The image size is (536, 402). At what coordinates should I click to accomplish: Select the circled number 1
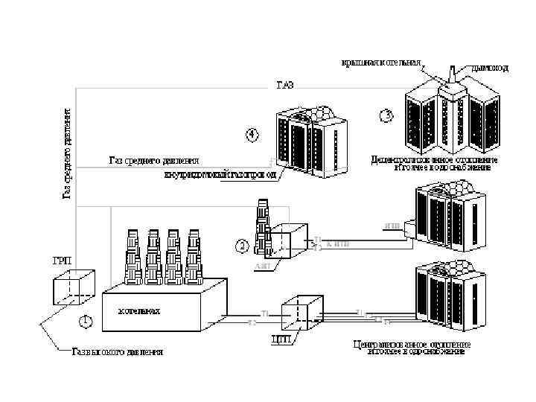[x=86, y=322]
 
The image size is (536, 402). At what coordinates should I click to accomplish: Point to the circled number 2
[x=241, y=243]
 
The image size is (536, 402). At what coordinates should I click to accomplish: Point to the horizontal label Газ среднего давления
[x=154, y=159]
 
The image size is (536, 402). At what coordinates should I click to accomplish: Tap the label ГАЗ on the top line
[x=285, y=85]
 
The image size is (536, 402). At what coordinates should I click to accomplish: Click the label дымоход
[x=490, y=68]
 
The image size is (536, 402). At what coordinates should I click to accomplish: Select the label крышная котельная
[x=381, y=63]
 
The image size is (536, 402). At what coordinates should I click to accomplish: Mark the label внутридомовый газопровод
[x=220, y=175]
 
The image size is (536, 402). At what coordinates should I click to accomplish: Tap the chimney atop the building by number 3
[x=453, y=77]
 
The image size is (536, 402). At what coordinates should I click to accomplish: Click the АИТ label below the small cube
[x=261, y=265]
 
